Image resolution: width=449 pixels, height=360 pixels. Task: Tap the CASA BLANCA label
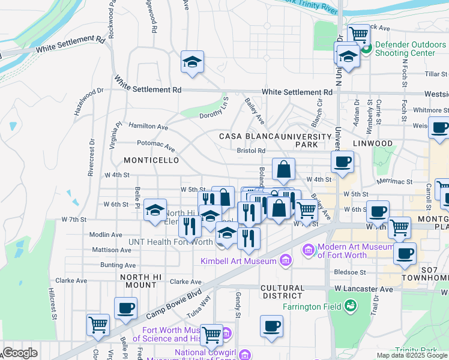pos(242,136)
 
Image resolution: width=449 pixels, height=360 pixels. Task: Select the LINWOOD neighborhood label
pos(372,144)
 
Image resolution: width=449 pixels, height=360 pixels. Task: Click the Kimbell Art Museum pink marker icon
pos(285,260)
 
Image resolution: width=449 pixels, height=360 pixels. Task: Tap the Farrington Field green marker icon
pos(350,307)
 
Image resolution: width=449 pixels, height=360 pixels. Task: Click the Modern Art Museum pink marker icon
pos(309,249)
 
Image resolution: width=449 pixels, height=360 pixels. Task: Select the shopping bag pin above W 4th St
pos(284,170)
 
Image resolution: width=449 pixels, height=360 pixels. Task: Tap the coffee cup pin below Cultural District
pos(271,326)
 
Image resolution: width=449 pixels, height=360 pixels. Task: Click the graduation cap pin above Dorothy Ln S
pos(193,62)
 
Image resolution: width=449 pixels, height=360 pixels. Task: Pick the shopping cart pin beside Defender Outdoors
pos(359,35)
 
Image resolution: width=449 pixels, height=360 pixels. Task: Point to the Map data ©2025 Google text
pos(411,355)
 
